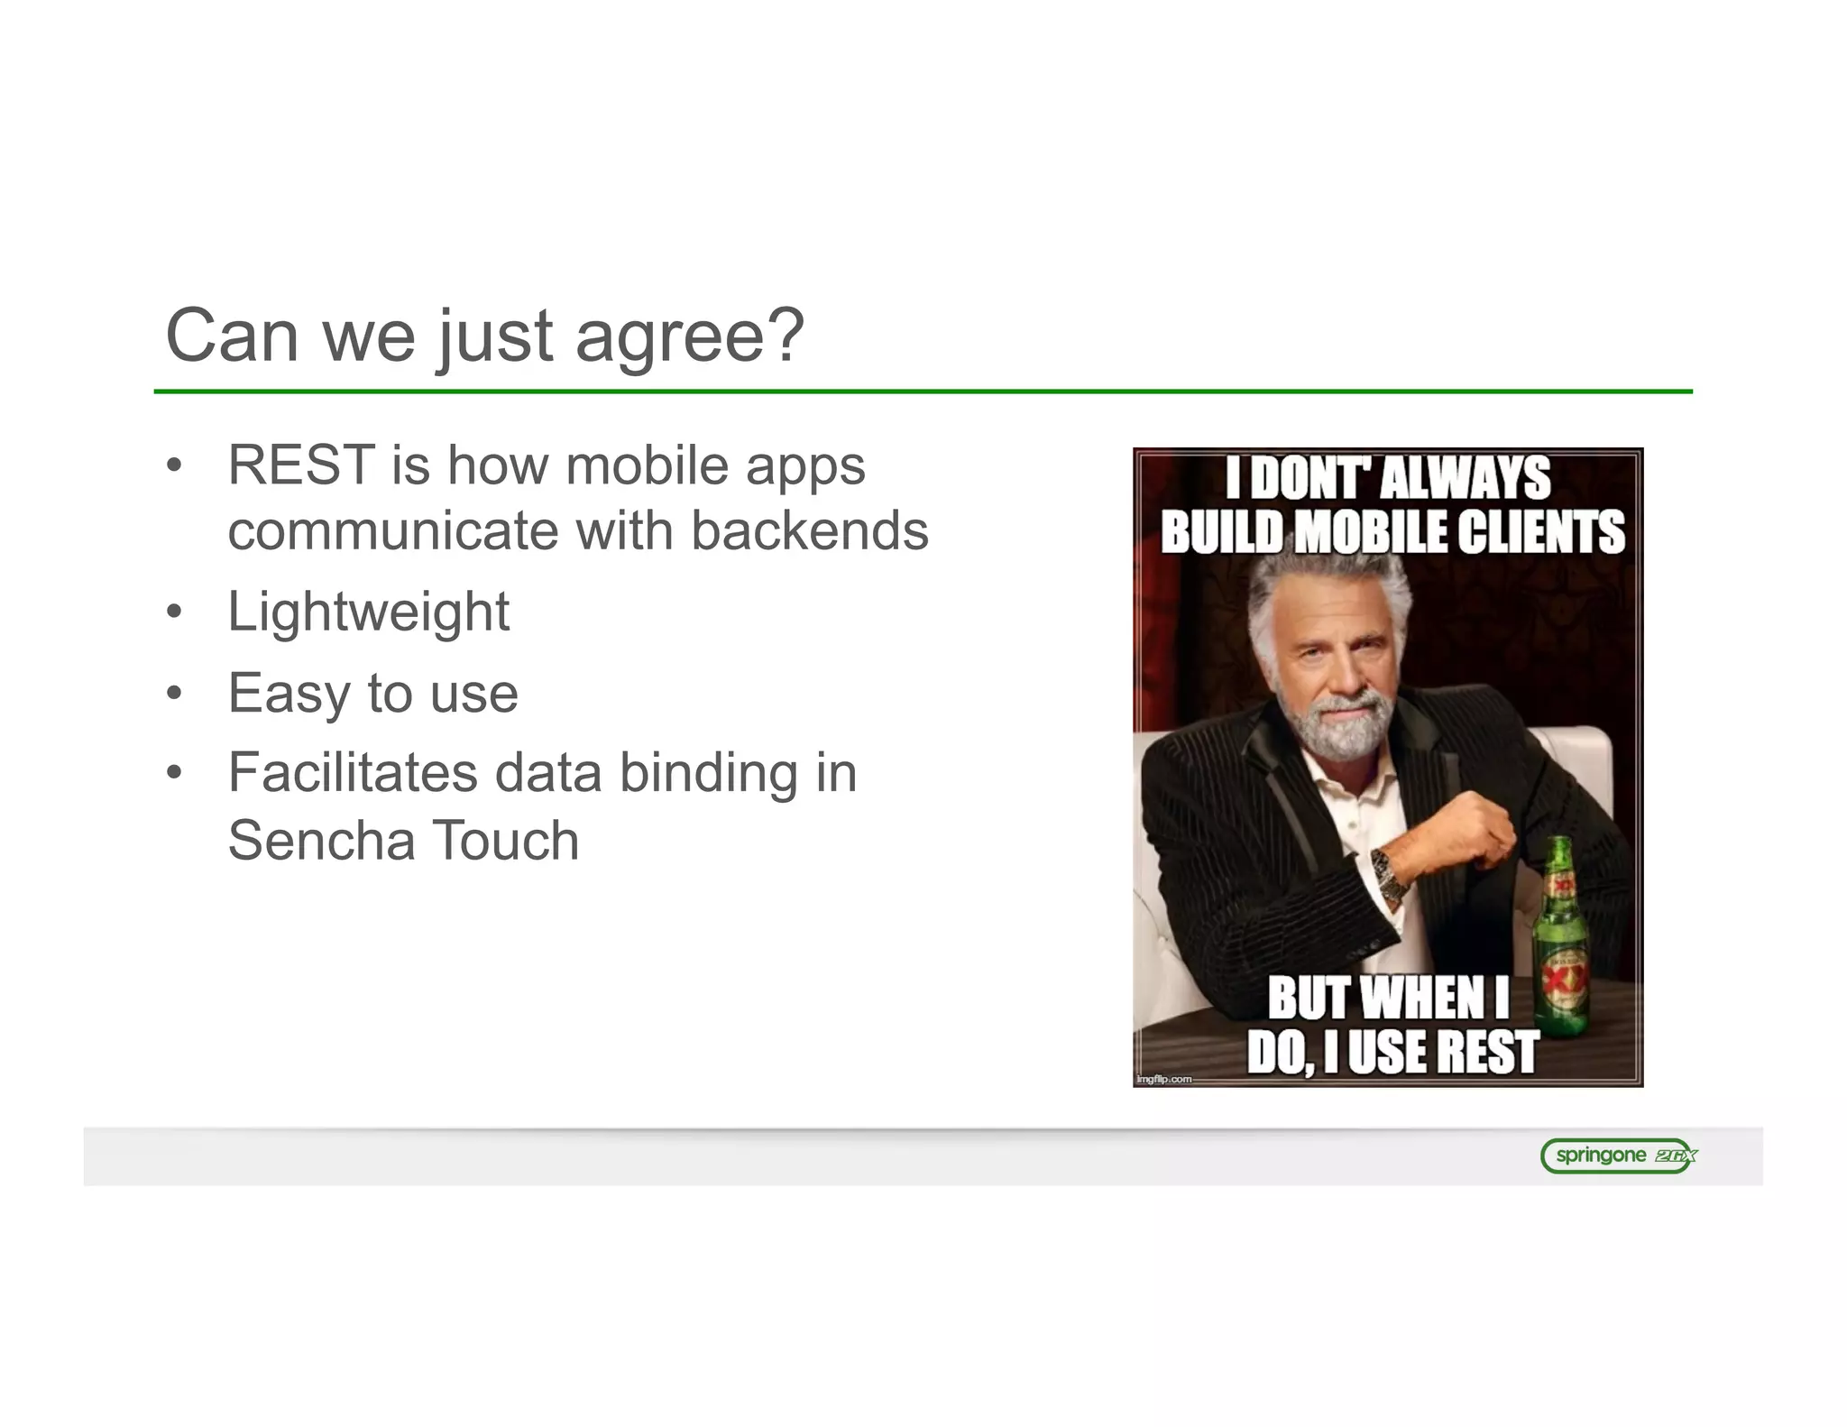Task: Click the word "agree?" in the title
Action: point(689,337)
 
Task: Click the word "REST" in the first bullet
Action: point(301,465)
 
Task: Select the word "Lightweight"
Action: point(368,612)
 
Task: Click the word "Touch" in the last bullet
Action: point(508,841)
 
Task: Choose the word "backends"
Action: point(810,530)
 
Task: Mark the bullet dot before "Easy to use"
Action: point(174,694)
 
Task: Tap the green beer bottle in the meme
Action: point(1559,938)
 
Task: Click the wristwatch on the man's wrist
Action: point(1390,875)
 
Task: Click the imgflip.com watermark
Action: point(1164,1079)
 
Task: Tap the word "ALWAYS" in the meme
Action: point(1466,478)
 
